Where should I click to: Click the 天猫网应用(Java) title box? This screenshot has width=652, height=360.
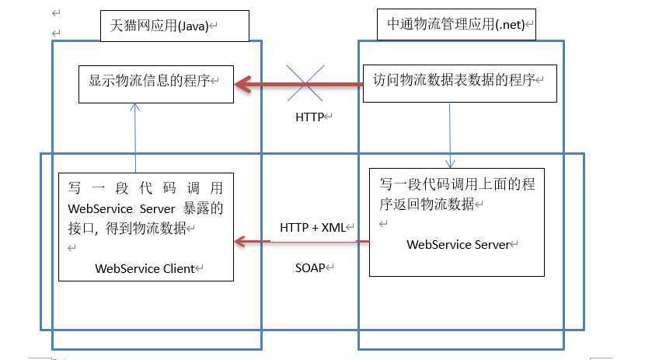(x=173, y=25)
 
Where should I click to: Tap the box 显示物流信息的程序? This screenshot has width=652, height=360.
(x=156, y=82)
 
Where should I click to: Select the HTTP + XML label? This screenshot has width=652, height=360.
(x=315, y=227)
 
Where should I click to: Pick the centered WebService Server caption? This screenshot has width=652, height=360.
(x=458, y=244)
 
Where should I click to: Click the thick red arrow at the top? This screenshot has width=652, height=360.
(x=299, y=84)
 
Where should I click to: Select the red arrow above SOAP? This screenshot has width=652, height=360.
(x=302, y=242)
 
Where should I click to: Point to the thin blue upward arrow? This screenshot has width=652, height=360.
(x=135, y=140)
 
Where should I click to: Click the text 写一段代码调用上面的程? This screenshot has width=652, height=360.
(x=457, y=185)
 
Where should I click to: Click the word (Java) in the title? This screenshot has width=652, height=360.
(x=193, y=25)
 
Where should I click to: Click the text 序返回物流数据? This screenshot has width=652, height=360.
(x=428, y=204)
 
